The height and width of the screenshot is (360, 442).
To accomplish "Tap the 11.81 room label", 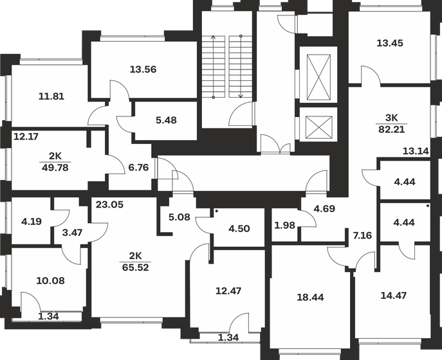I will [x=51, y=97].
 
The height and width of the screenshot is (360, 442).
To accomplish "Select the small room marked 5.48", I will [x=166, y=120].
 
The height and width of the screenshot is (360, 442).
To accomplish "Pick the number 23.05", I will [x=109, y=205].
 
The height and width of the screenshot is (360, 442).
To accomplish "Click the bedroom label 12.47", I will [x=228, y=291].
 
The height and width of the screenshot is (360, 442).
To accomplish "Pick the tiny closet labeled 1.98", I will [x=284, y=224].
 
